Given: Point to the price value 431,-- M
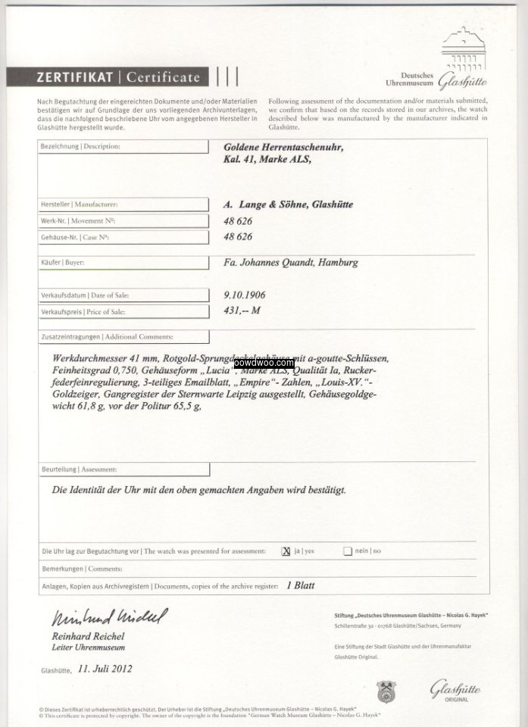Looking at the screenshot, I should [x=242, y=311].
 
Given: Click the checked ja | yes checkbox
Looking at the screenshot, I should [x=286, y=551].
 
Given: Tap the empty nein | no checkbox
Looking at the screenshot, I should [x=347, y=551].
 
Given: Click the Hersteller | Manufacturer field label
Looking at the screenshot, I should [x=79, y=204].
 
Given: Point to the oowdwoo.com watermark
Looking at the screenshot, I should [x=264, y=363].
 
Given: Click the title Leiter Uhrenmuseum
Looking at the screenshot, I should [x=83, y=647].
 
